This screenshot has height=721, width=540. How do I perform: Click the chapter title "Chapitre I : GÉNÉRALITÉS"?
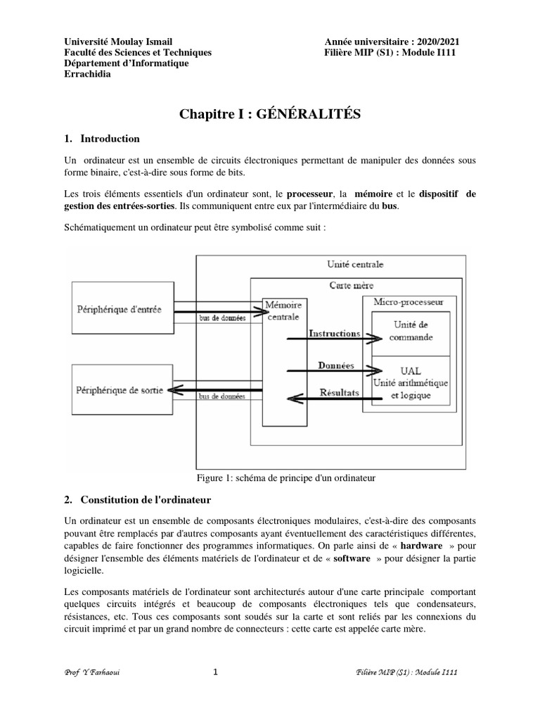tap(270, 114)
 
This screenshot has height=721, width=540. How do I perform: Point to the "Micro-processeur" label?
tap(408, 301)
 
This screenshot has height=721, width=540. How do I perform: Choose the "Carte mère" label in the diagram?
tap(352, 285)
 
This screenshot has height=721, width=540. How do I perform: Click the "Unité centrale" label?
tap(355, 265)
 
